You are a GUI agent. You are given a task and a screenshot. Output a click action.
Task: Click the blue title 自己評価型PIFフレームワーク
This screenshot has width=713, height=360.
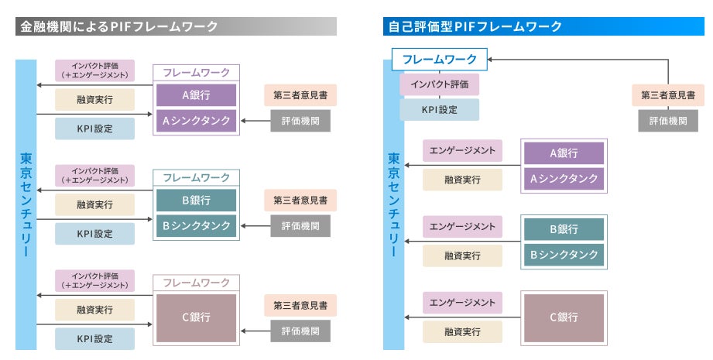(x=473, y=27)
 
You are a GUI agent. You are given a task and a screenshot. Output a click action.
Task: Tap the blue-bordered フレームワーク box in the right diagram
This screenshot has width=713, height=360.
(x=440, y=59)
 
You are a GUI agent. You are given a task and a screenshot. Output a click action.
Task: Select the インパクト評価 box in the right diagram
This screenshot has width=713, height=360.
(x=439, y=84)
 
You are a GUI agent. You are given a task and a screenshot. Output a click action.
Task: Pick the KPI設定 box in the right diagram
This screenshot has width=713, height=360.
(x=439, y=109)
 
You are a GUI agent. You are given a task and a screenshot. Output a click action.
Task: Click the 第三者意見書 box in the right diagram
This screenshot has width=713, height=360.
(x=667, y=95)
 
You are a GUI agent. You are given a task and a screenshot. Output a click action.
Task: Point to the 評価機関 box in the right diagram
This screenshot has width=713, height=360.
(x=667, y=121)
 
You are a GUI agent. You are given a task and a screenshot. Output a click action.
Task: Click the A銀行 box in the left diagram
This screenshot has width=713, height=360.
(x=197, y=95)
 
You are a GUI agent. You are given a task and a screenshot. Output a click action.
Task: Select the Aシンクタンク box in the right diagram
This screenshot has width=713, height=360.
(x=564, y=179)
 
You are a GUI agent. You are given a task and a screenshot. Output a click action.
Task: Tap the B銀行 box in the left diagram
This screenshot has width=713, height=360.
(x=197, y=201)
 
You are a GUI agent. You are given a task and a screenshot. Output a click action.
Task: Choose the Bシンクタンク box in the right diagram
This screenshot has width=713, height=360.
(x=564, y=254)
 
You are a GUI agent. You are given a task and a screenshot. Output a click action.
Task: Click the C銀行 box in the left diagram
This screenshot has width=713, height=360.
(x=197, y=317)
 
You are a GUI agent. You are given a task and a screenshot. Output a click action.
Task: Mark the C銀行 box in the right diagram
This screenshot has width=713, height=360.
(x=564, y=317)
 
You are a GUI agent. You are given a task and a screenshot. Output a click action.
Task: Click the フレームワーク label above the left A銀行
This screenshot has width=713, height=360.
(x=197, y=73)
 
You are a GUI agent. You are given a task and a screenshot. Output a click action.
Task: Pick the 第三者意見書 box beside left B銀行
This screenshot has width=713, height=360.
(x=300, y=200)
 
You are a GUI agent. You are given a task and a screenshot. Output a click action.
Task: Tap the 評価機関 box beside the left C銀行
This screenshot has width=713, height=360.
(x=300, y=331)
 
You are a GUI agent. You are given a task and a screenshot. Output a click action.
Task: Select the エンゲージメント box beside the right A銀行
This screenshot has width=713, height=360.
(x=462, y=151)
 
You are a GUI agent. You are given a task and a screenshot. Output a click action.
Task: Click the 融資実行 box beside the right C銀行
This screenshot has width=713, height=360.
(x=462, y=331)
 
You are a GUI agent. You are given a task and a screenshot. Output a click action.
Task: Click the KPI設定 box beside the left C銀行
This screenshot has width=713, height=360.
(x=94, y=338)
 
